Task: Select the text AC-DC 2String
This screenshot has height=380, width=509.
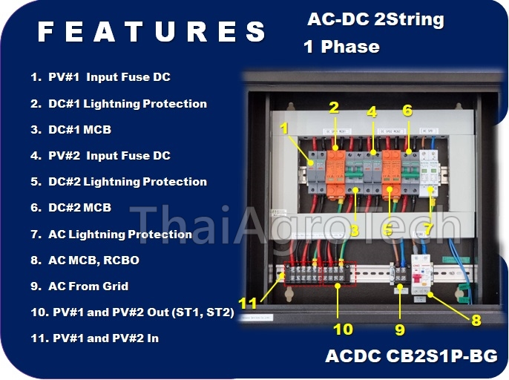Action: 375,20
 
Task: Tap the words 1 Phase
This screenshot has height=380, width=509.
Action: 341,47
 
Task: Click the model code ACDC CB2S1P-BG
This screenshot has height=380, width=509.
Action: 411,356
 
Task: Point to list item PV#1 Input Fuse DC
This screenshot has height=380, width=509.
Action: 101,77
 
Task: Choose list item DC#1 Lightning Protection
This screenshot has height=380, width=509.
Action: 119,103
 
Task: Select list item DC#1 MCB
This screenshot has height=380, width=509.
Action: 71,130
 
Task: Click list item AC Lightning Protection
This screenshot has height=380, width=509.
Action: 111,235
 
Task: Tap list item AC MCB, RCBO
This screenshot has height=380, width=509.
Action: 85,261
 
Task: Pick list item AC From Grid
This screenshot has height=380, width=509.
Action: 79,286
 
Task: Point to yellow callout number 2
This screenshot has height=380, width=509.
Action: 334,108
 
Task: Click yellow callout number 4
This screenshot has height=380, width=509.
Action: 372,112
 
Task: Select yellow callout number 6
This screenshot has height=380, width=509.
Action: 407,110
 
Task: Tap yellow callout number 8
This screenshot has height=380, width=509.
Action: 476,321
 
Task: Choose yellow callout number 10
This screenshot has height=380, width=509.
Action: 343,328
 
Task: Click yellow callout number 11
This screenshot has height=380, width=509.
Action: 248,303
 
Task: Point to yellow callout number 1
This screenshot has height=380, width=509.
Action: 283,128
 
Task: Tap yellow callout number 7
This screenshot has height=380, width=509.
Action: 428,229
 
